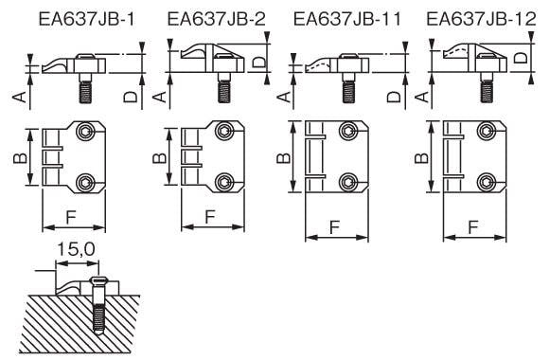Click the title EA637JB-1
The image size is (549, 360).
coord(86,19)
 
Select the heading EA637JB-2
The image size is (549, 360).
coord(217,19)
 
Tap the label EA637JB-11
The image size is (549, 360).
coord(347,19)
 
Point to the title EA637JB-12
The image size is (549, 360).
coord(481,19)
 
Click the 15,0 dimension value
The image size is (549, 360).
coord(76,249)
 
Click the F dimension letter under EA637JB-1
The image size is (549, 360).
coord(71,217)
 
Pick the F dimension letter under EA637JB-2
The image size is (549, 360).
coord(210,217)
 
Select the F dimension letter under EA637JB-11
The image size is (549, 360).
coord(335,227)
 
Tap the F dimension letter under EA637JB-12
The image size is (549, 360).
coord(473,227)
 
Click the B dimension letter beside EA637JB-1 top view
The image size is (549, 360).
coord(20,158)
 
